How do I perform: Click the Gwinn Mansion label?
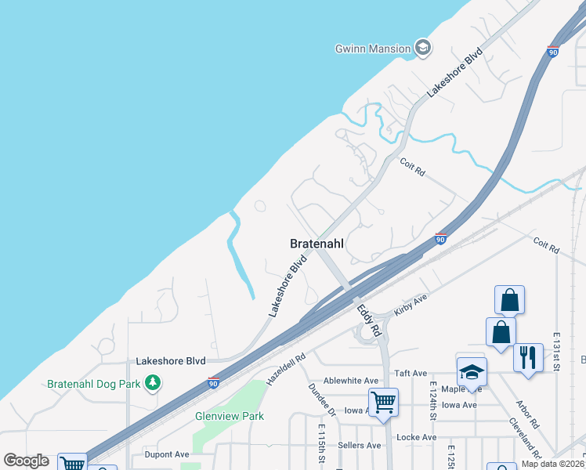372,49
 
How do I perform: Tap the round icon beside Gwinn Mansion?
424,49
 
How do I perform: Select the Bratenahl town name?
317,244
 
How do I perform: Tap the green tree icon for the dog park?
155,383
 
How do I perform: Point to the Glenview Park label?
230,416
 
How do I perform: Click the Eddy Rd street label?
369,320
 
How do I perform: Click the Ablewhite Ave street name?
345,380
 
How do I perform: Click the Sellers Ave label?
359,445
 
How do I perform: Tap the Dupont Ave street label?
167,454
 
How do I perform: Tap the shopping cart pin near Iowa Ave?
383,402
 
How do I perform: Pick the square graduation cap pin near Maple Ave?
472,371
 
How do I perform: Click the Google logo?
26,461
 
